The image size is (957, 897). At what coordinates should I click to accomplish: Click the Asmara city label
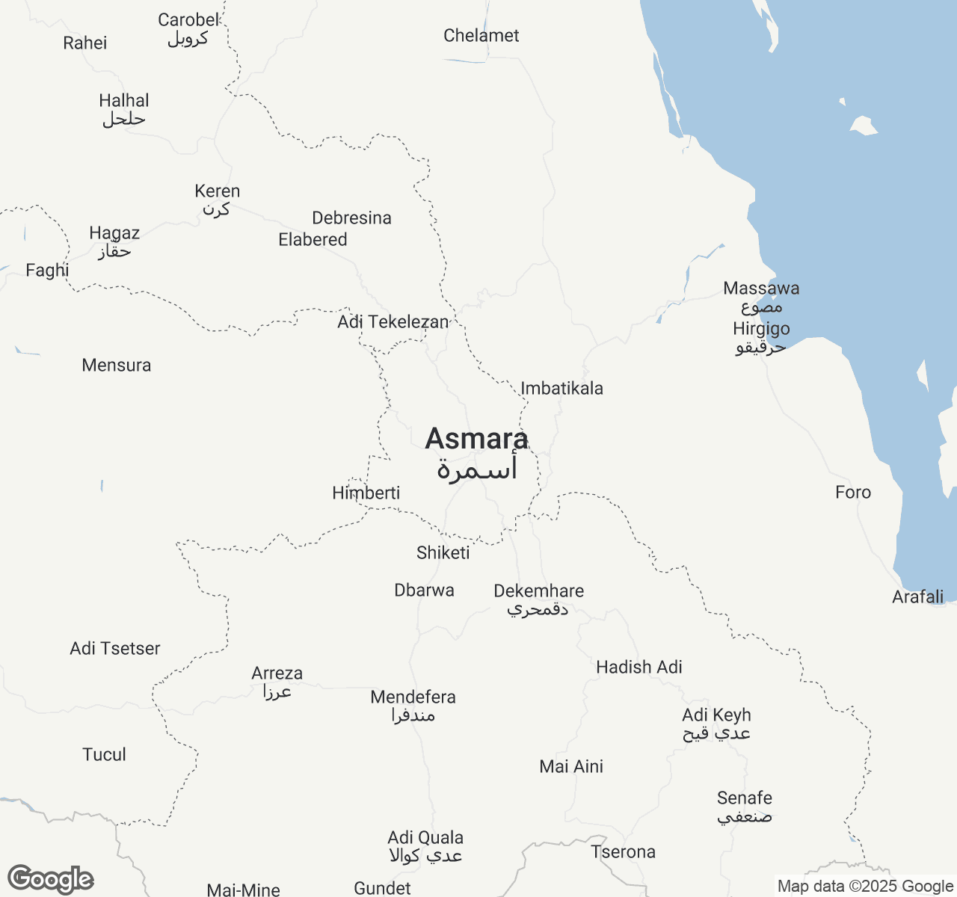pyautogui.click(x=476, y=439)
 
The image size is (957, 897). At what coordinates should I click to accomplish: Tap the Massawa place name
pyautogui.click(x=761, y=289)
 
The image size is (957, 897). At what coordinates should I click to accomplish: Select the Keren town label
pyautogui.click(x=217, y=191)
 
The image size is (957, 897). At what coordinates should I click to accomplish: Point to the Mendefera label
pyautogui.click(x=413, y=697)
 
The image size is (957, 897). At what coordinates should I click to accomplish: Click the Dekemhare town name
pyautogui.click(x=538, y=591)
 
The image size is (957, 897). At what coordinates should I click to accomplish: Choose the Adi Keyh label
pyautogui.click(x=716, y=715)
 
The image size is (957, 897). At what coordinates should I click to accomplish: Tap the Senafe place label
pyautogui.click(x=744, y=798)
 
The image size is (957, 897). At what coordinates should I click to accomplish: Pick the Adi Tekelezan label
pyautogui.click(x=393, y=322)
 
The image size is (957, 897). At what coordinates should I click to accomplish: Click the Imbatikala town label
pyautogui.click(x=561, y=389)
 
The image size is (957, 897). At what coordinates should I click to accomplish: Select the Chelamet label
pyautogui.click(x=481, y=36)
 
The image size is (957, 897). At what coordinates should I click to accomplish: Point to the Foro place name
pyautogui.click(x=853, y=493)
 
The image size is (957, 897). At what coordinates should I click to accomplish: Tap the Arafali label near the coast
pyautogui.click(x=917, y=597)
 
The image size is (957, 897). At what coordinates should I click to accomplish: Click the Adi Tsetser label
pyautogui.click(x=114, y=649)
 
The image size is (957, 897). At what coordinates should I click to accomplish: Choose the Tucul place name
pyautogui.click(x=104, y=755)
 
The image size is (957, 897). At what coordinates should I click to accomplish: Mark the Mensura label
pyautogui.click(x=116, y=366)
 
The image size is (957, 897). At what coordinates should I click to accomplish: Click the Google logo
pyautogui.click(x=50, y=880)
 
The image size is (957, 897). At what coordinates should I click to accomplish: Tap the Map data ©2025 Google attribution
pyautogui.click(x=865, y=887)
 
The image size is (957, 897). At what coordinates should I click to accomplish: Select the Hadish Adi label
pyautogui.click(x=638, y=668)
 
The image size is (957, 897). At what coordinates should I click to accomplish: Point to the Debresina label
pyautogui.click(x=351, y=218)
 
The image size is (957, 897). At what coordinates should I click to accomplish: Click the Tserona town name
pyautogui.click(x=623, y=852)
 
